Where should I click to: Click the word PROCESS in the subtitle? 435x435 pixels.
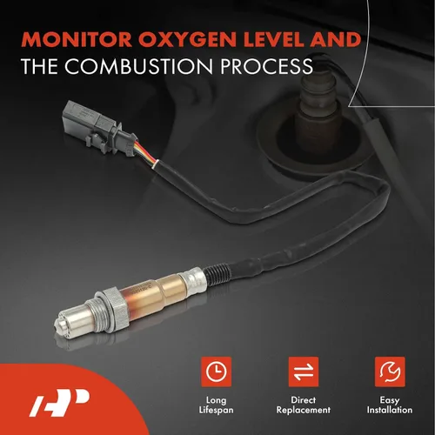click(267, 66)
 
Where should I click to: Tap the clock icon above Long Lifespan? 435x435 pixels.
click(217, 371)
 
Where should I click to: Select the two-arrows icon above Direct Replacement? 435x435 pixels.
click(304, 371)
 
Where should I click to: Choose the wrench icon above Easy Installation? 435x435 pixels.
click(390, 371)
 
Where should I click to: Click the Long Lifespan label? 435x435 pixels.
click(216, 405)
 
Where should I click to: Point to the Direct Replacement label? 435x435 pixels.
click(304, 405)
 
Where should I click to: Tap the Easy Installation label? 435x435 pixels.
click(390, 405)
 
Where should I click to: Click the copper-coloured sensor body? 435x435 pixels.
click(154, 293)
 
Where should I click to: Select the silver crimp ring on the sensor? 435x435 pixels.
click(192, 280)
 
